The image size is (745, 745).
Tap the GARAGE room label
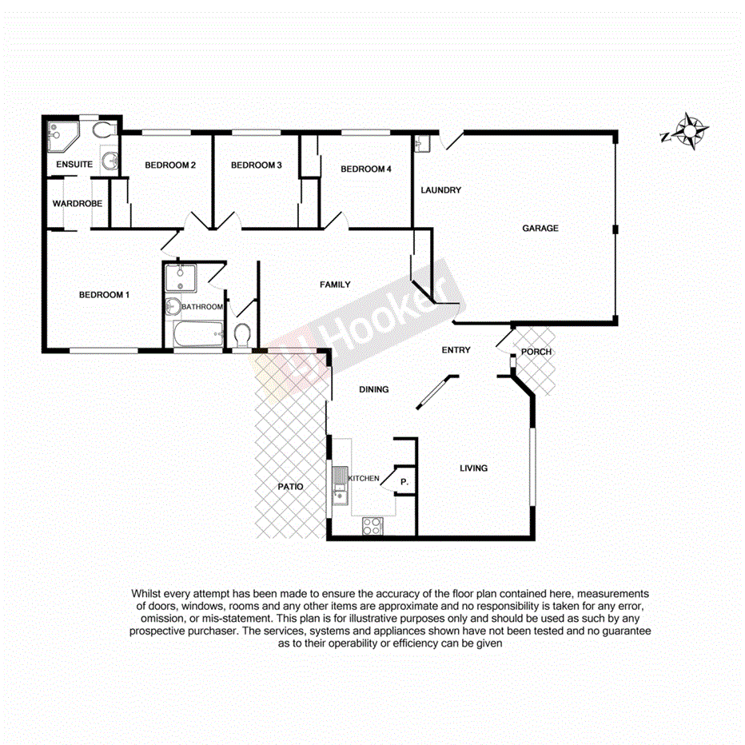(x=540, y=229)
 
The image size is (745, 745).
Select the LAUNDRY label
(x=441, y=190)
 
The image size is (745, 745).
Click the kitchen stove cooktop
(x=372, y=526)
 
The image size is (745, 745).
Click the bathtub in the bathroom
(x=197, y=337)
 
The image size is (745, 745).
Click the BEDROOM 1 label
(x=105, y=295)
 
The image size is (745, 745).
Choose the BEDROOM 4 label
(x=366, y=169)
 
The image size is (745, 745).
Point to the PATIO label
(x=290, y=486)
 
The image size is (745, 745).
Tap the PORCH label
(x=536, y=353)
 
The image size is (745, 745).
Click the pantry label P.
(x=404, y=482)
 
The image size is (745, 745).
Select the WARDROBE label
(x=78, y=205)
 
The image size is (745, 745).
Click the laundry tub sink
(x=423, y=143)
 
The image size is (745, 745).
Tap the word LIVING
(x=473, y=468)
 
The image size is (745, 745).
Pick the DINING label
(x=373, y=390)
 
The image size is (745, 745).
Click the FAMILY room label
(x=335, y=285)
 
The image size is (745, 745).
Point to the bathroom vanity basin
(x=172, y=306)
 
